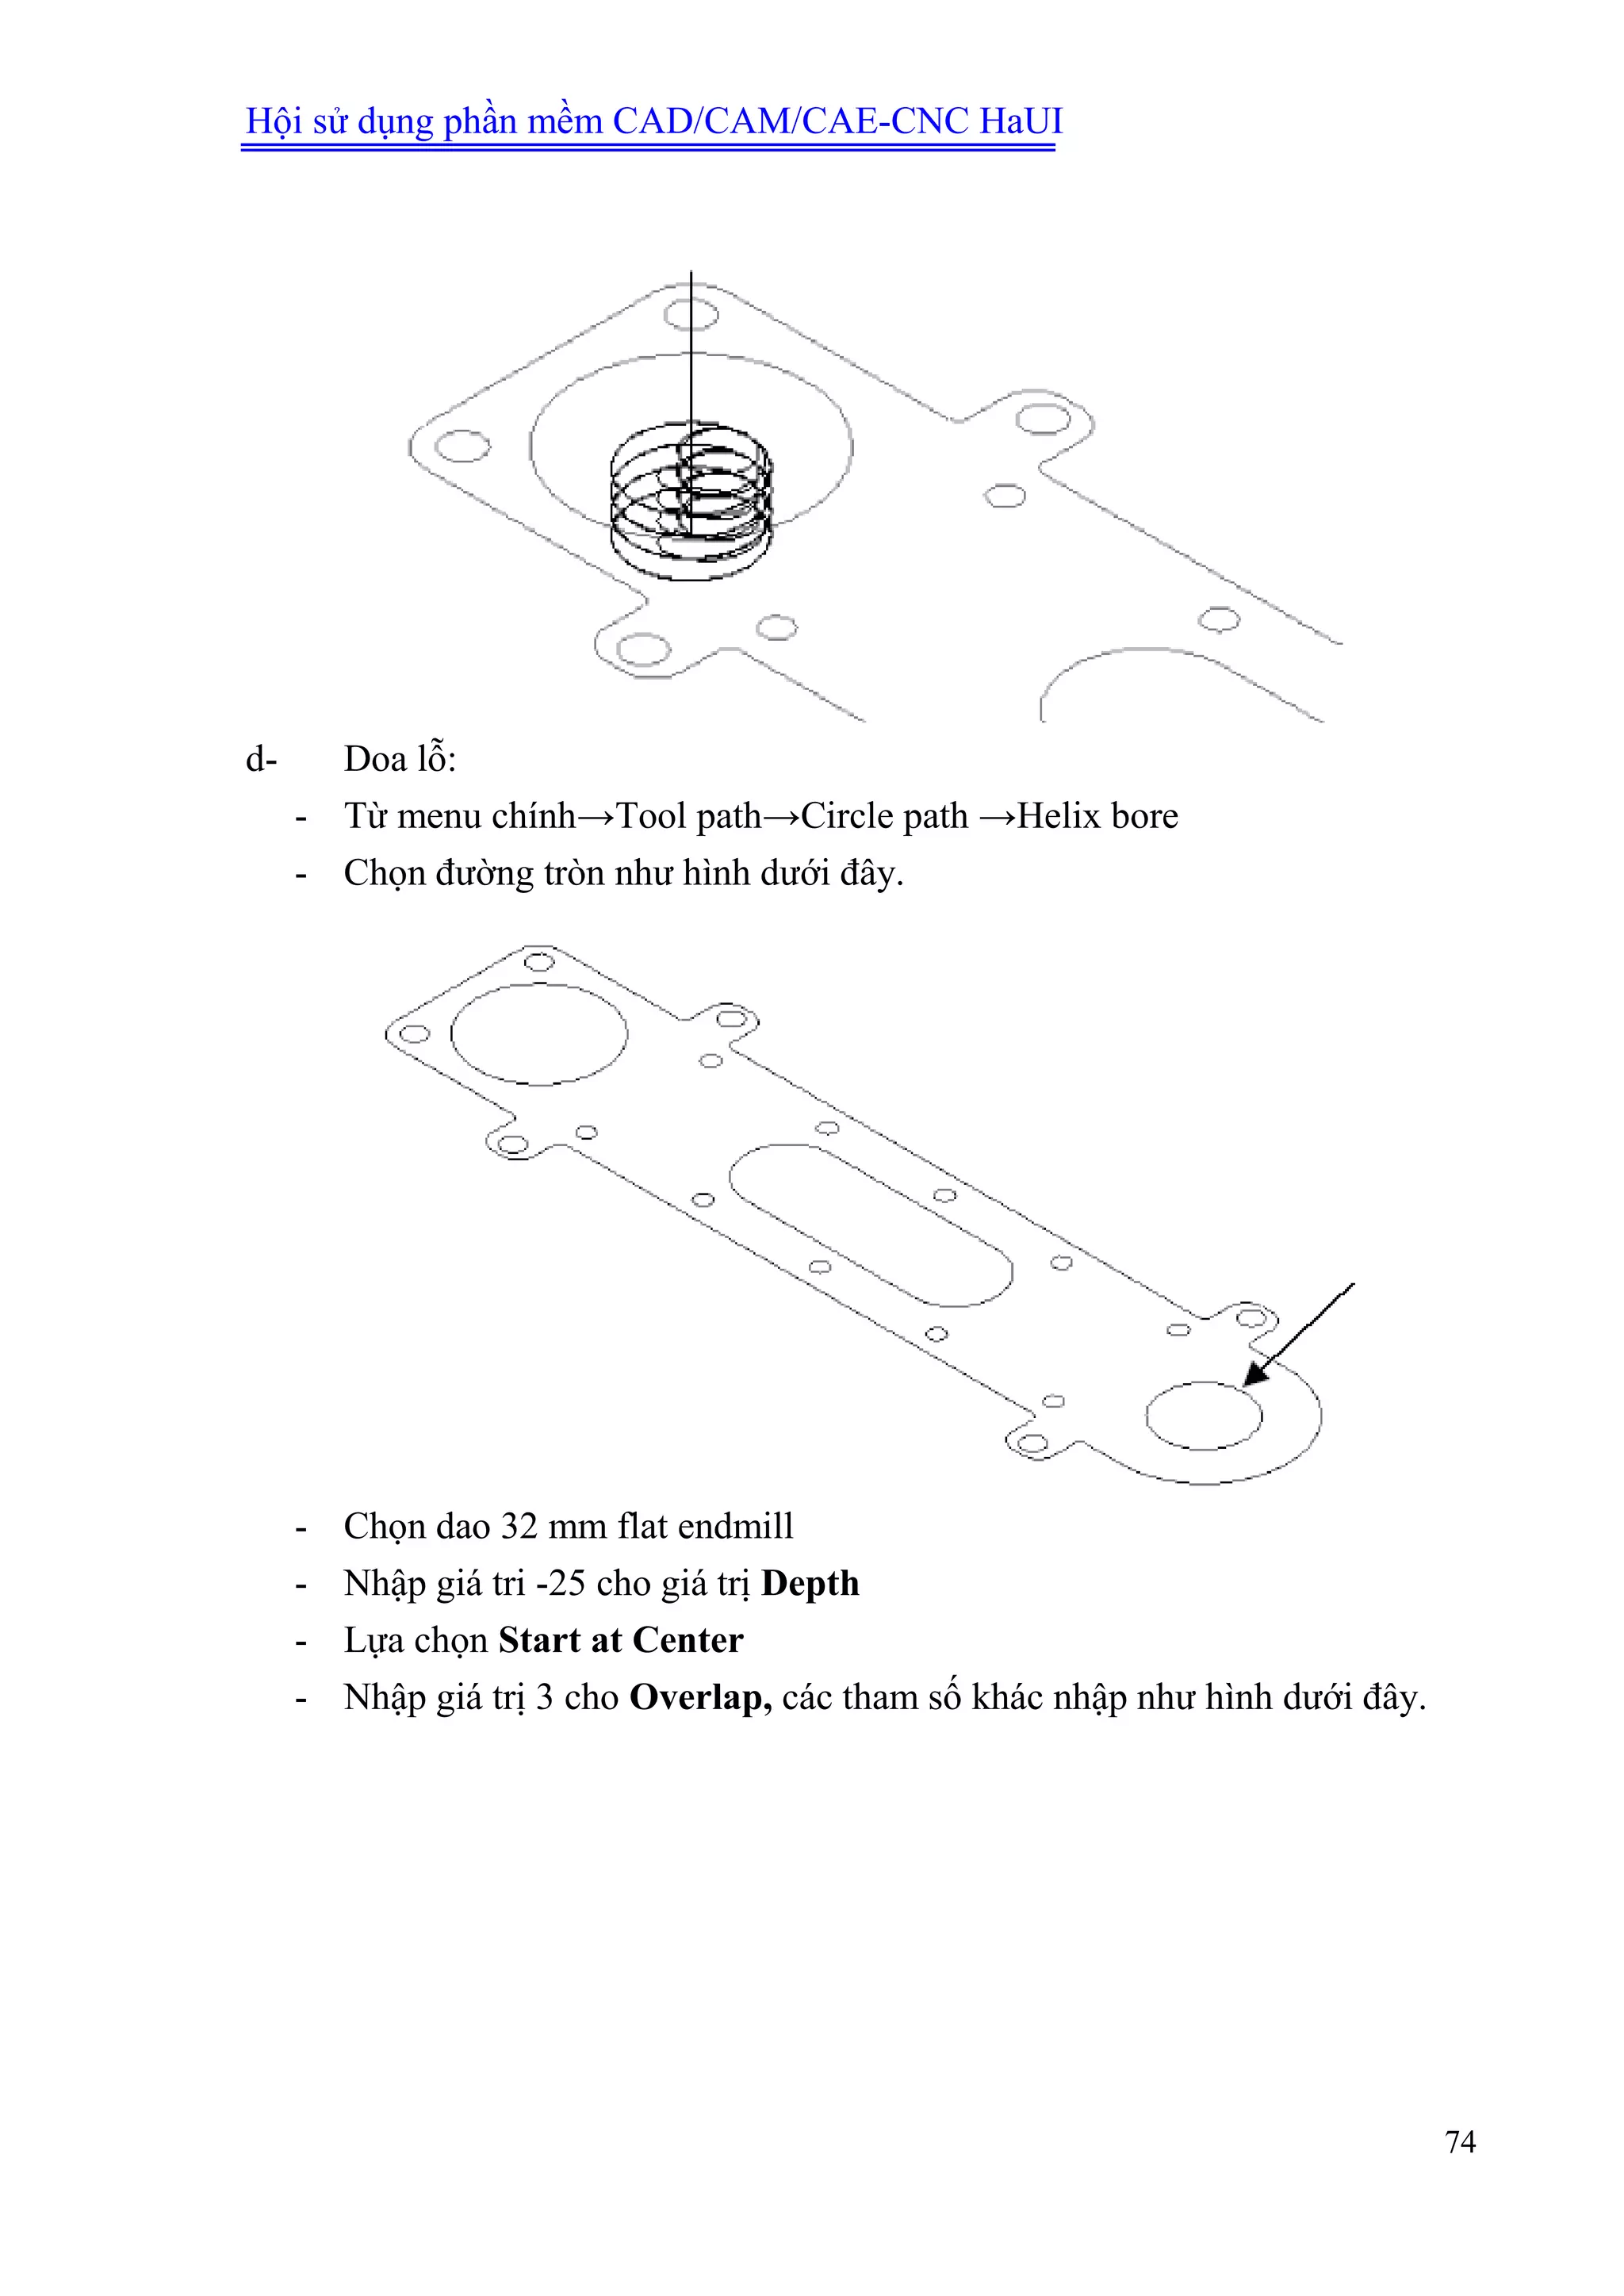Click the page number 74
(1459, 2141)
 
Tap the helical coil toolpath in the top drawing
(691, 500)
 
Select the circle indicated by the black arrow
(1203, 1415)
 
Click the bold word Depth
(809, 1583)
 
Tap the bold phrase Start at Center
(620, 1640)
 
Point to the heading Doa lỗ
(399, 759)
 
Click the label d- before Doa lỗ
(261, 759)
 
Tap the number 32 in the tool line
(519, 1526)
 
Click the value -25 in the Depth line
(560, 1583)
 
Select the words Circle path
(884, 816)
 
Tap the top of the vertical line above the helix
(691, 273)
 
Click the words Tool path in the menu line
(688, 816)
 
